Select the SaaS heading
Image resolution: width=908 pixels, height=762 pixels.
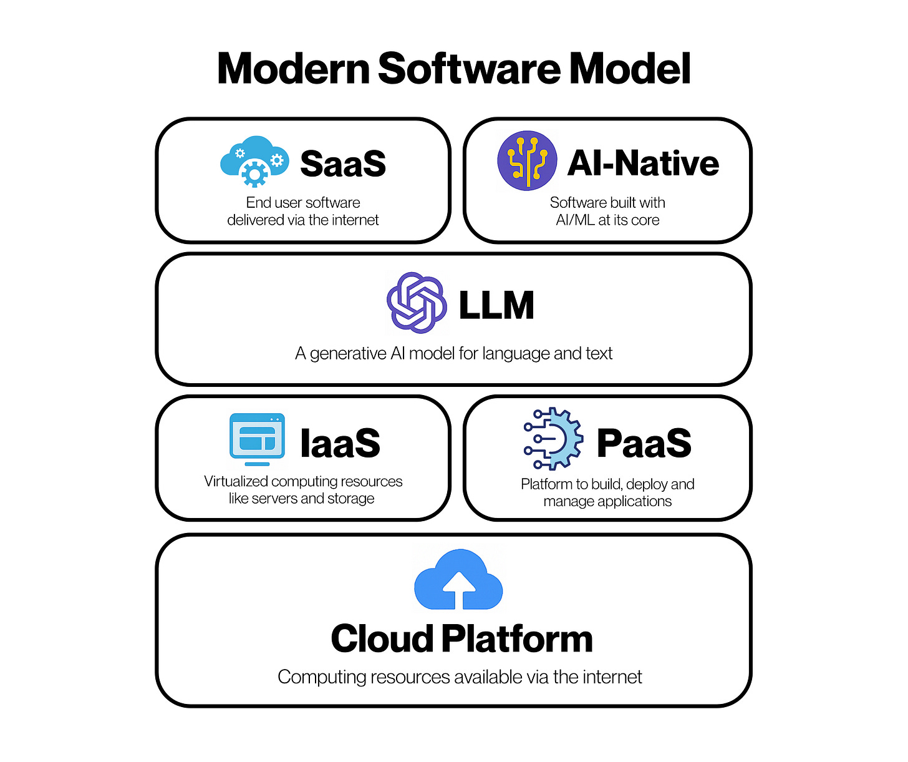[343, 164]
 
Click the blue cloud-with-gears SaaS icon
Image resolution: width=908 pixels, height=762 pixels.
[254, 161]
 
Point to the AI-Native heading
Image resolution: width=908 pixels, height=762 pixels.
[643, 163]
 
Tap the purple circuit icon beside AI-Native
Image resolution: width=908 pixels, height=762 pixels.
[527, 160]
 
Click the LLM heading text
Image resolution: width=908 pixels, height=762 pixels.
[496, 305]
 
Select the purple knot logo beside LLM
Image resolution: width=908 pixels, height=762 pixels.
[417, 303]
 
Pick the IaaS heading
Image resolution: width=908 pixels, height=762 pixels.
[340, 443]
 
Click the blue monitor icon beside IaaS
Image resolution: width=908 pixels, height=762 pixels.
[257, 439]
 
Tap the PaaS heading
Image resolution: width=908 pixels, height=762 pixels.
[644, 443]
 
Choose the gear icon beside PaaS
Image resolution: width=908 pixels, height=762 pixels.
[554, 439]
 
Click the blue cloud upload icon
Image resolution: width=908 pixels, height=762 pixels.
[458, 580]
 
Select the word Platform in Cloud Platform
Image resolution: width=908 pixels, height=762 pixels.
[517, 639]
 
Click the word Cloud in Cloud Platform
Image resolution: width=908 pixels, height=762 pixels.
[382, 639]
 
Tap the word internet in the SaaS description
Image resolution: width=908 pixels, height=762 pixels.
[355, 220]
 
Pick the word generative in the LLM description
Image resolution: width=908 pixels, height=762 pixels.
[348, 354]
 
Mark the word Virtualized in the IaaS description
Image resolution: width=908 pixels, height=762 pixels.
[236, 482]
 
